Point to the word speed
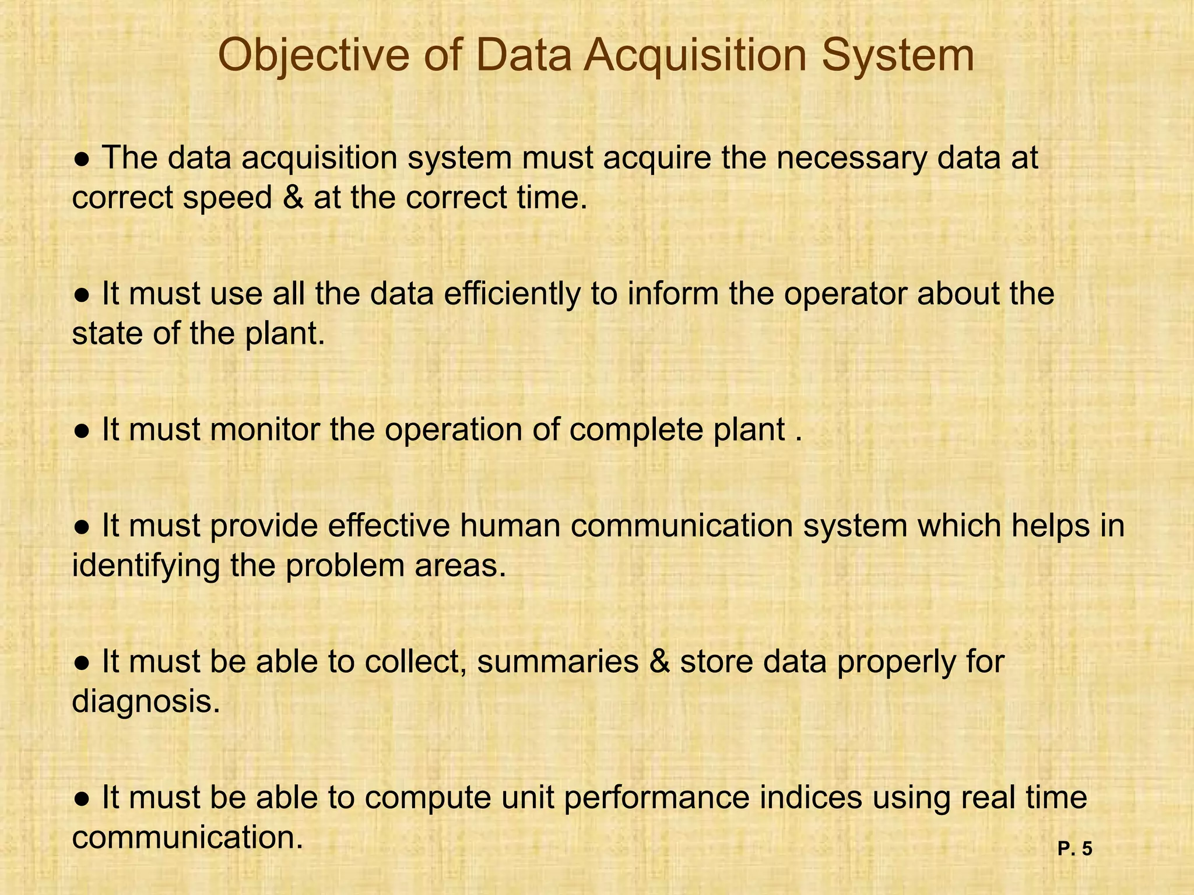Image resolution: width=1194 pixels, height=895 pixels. point(227,198)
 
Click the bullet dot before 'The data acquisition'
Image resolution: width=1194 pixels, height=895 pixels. point(82,159)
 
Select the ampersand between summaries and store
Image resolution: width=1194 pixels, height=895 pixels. point(659,662)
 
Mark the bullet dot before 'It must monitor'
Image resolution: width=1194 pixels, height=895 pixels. point(82,431)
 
